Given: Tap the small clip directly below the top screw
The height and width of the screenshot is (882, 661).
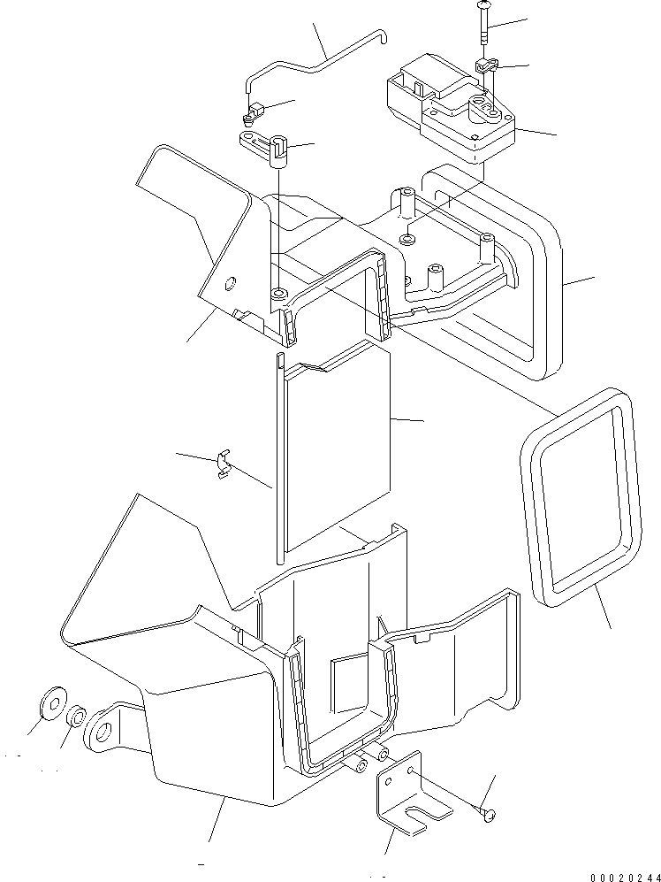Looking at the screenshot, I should [x=485, y=65].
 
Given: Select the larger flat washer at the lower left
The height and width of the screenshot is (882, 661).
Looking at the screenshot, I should [x=51, y=705].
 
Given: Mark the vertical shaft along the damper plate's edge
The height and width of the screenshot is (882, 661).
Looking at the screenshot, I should [x=279, y=460].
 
